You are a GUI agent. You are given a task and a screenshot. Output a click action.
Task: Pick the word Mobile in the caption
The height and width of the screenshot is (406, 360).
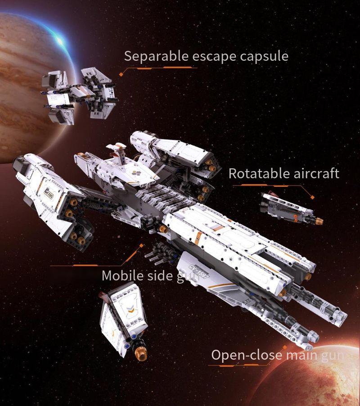click(x=118, y=275)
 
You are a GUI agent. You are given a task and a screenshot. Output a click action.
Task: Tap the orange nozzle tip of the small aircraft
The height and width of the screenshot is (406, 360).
click(x=319, y=221)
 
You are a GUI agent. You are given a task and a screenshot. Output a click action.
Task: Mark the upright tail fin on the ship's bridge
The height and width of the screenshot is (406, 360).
click(x=121, y=151)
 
